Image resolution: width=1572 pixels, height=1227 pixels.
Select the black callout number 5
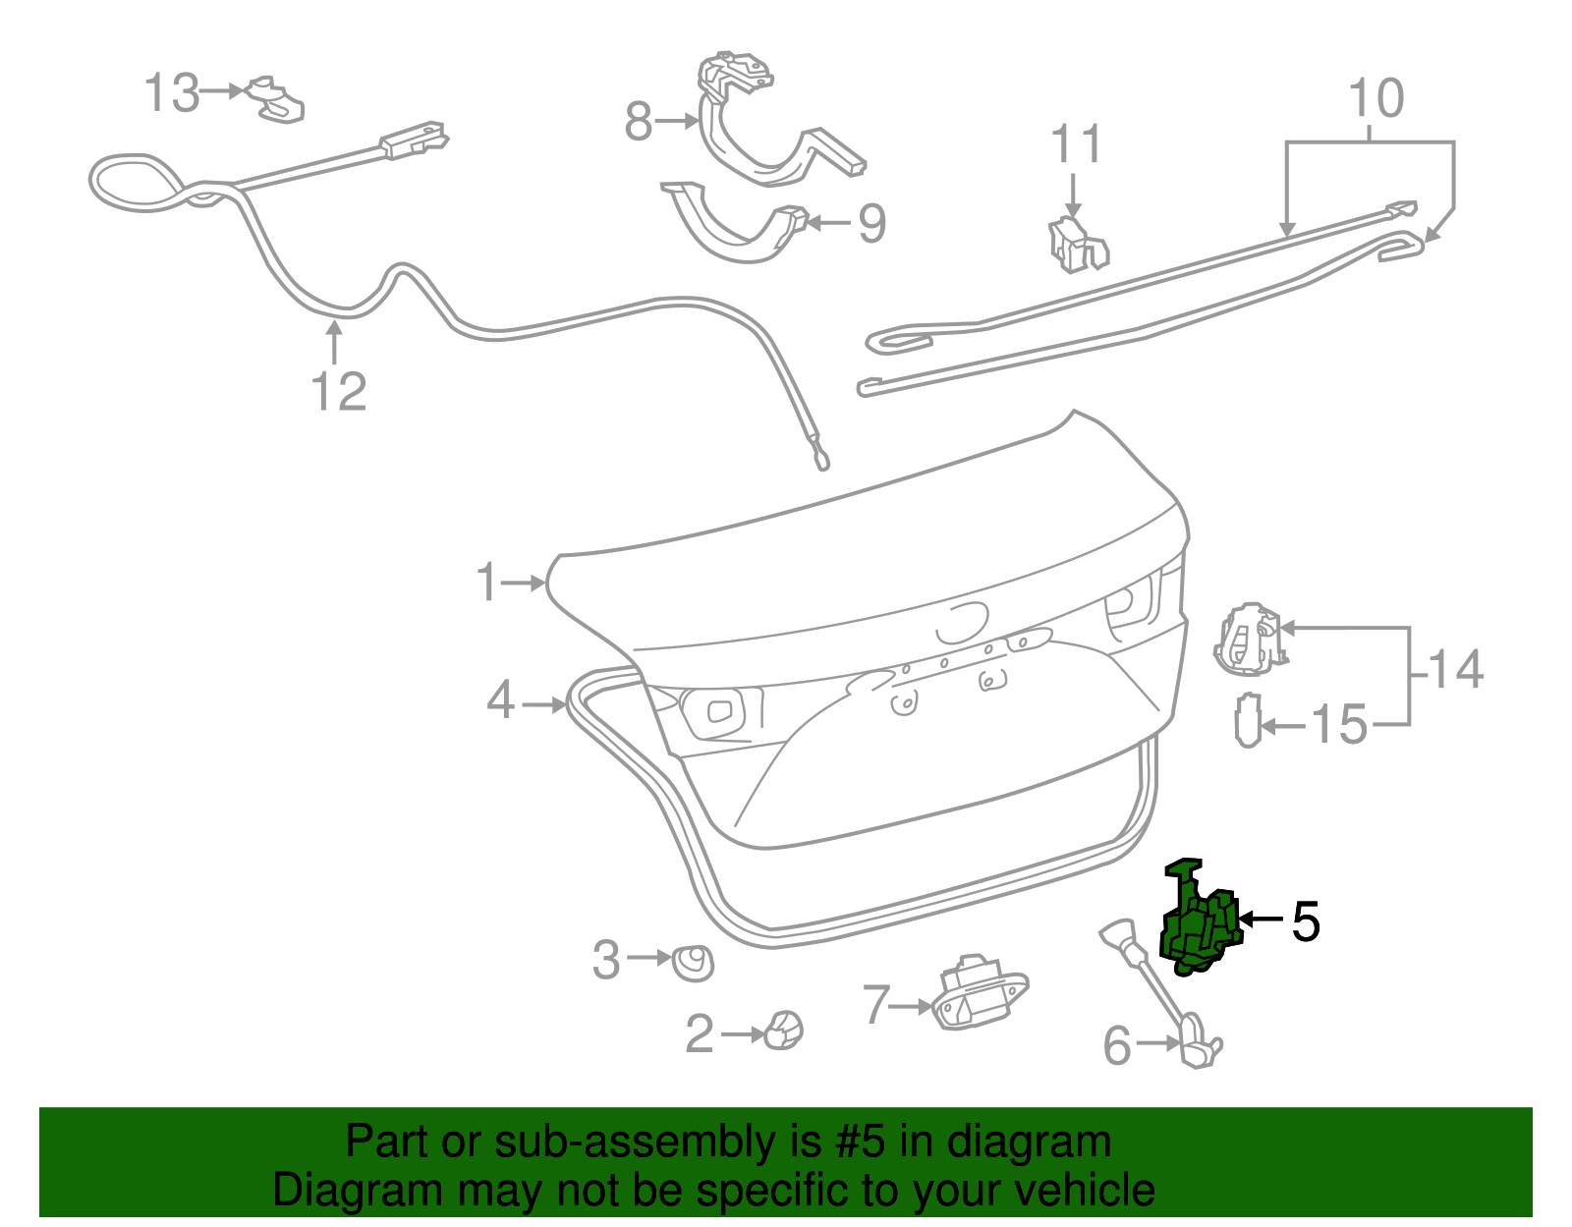tap(1305, 921)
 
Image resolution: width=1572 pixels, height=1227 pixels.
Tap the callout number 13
tap(172, 93)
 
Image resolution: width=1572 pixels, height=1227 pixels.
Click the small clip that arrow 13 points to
tap(277, 99)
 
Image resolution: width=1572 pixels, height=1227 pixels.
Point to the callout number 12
tap(338, 391)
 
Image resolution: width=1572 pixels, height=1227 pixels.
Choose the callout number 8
tap(639, 123)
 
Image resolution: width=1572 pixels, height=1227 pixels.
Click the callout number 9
tap(871, 223)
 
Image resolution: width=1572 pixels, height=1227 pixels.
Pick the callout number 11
tap(1076, 144)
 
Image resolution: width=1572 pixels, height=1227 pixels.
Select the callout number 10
tap(1376, 99)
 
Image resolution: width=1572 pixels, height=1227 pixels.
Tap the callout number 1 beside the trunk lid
tap(487, 583)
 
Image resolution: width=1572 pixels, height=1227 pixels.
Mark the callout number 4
tap(500, 701)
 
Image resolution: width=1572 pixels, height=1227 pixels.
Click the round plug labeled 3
tap(693, 963)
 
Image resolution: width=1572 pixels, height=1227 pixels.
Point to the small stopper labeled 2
tap(785, 1031)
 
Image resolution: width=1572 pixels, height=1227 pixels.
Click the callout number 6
tap(1117, 1045)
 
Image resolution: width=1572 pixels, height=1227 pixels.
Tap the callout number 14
tap(1455, 670)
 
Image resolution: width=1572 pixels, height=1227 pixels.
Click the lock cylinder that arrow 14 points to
tap(1249, 640)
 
